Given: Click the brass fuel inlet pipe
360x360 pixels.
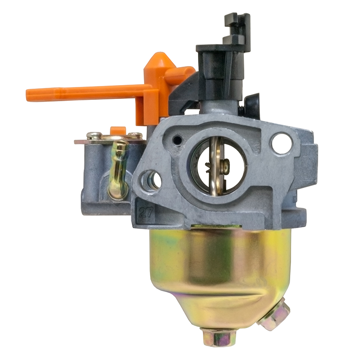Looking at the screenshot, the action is click(118, 171).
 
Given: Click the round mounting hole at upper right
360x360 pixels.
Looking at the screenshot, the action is click(282, 142).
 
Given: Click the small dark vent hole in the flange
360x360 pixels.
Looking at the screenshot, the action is click(177, 139).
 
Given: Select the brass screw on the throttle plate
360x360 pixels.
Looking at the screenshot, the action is click(225, 164).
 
